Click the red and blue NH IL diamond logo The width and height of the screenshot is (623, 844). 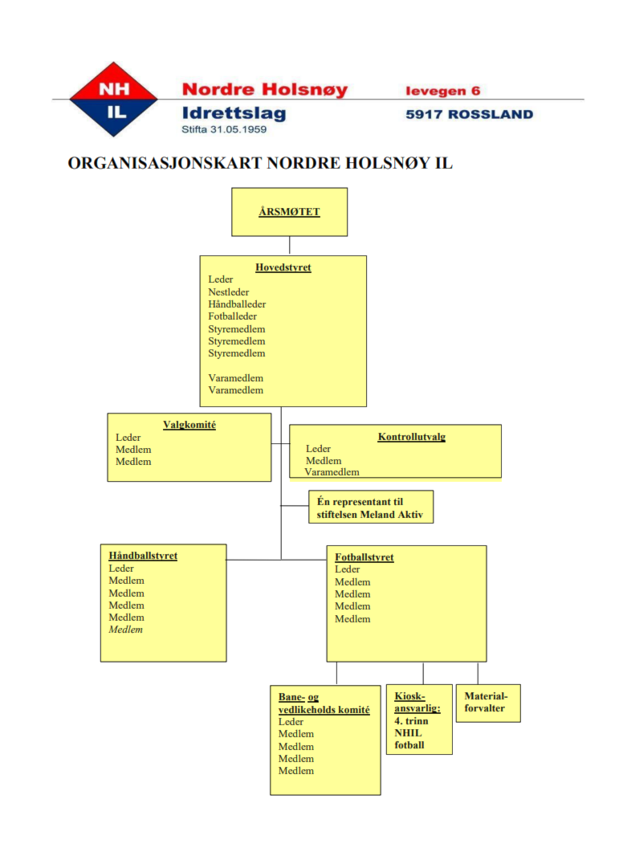[113, 100]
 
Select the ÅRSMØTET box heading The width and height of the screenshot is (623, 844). [289, 211]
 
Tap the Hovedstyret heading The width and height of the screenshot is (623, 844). [283, 267]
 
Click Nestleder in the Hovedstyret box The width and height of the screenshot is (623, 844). [229, 292]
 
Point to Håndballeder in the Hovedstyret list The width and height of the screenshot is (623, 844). [237, 304]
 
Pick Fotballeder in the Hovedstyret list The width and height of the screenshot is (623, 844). [232, 316]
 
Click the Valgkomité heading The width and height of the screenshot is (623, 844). [189, 425]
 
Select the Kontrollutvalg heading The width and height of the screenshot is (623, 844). [412, 437]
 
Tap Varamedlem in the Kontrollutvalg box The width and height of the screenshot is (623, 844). [332, 472]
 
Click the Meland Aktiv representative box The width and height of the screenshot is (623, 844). [371, 507]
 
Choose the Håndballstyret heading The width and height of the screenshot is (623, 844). [143, 556]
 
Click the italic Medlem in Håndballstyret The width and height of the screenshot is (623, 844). [126, 630]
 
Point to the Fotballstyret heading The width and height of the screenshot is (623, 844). [364, 557]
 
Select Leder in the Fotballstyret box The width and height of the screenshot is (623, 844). [348, 569]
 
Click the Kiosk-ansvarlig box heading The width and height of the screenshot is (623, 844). [417, 703]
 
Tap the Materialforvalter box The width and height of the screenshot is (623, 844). [488, 703]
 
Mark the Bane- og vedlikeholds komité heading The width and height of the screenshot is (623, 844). [324, 703]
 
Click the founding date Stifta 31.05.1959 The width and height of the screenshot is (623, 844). [224, 129]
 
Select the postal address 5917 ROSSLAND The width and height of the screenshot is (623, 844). [470, 114]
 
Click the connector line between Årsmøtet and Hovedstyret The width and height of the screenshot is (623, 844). [290, 246]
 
